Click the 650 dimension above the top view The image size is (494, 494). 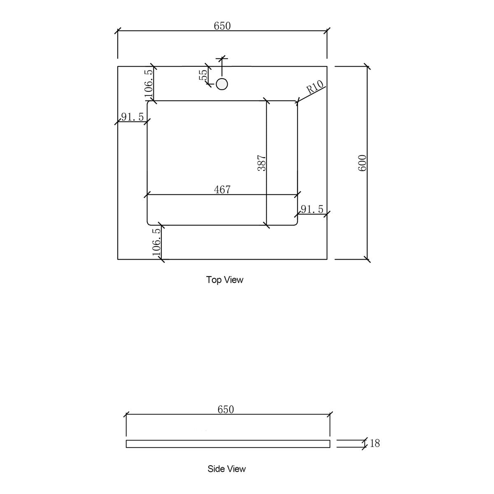point(222,26)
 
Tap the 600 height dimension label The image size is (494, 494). point(363,163)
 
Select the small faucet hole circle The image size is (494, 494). point(222,84)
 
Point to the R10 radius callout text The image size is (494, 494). point(315,87)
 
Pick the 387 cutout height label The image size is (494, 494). point(262,163)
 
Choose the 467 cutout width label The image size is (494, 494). point(222,190)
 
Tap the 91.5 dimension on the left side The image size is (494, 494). point(132,117)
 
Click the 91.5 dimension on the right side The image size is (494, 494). point(312,210)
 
